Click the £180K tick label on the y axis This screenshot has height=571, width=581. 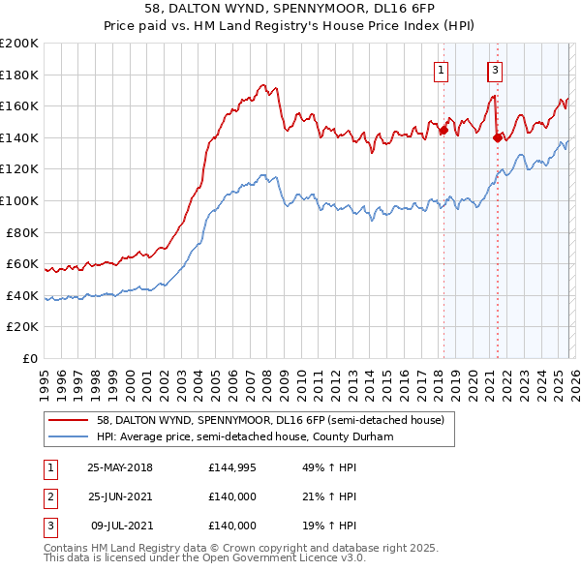[19, 75]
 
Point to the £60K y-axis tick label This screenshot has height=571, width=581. [22, 264]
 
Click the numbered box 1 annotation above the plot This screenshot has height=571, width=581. [441, 70]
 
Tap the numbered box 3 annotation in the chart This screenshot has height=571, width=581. [495, 70]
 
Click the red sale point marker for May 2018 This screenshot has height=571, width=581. [443, 130]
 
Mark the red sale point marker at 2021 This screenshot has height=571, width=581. [498, 137]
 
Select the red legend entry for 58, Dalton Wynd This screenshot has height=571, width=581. [270, 420]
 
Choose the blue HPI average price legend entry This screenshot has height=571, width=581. [256, 436]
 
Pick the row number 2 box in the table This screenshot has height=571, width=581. [48, 496]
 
